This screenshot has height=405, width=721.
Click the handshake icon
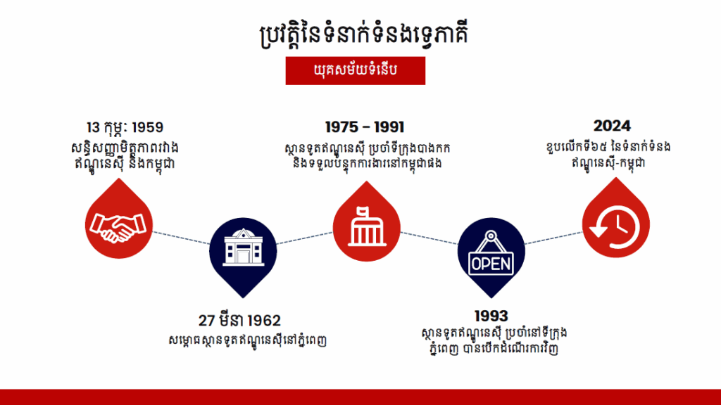tap(118, 227)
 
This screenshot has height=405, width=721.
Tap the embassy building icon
tap(243, 247)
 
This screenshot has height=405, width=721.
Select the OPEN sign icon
tap(491, 253)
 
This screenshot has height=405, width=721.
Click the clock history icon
tap(615, 227)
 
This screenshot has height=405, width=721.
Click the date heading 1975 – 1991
tap(365, 127)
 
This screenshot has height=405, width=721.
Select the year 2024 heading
tap(612, 126)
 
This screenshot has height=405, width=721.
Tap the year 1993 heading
tap(491, 316)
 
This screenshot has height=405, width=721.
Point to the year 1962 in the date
tap(263, 321)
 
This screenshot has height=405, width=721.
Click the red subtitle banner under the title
tap(356, 71)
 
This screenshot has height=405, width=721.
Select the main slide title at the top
tap(364, 34)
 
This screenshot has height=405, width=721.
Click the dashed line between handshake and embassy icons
tap(181, 238)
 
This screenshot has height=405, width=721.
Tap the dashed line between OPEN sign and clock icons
tap(553, 238)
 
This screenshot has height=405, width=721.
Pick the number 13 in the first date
tap(94, 127)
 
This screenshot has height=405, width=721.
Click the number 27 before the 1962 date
tap(206, 321)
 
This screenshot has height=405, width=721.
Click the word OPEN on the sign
tap(491, 264)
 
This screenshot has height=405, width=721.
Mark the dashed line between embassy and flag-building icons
tap(304, 238)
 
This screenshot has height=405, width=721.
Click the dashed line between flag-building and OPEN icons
tap(429, 238)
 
